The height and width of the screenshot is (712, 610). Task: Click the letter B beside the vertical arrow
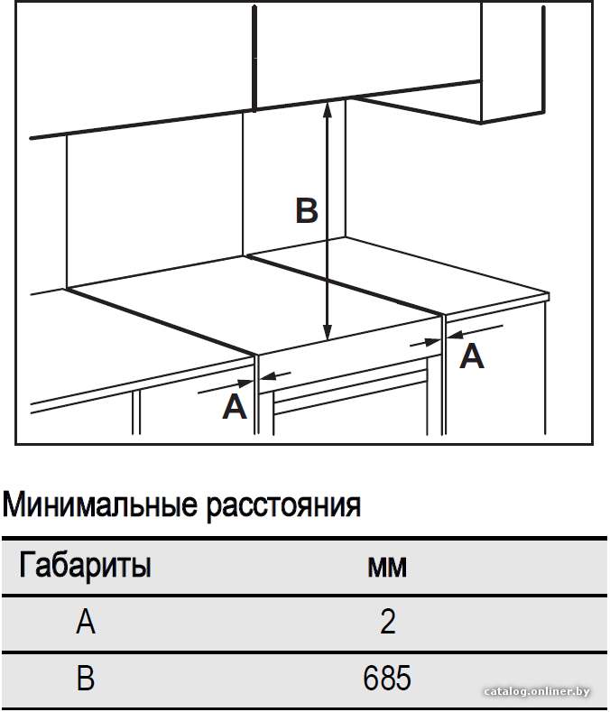click(307, 210)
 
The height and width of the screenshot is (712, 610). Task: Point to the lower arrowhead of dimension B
click(327, 331)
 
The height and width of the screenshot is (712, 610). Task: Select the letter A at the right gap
click(471, 356)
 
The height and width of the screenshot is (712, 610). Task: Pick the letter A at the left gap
click(235, 406)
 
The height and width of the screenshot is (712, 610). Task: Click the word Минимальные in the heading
click(100, 504)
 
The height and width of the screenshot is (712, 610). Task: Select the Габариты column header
click(85, 566)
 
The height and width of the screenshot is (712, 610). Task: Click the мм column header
click(387, 567)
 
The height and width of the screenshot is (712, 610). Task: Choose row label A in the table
click(86, 622)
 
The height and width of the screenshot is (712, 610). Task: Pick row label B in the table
click(86, 678)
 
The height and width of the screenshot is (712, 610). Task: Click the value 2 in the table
click(388, 622)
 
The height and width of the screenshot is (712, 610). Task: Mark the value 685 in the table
click(387, 678)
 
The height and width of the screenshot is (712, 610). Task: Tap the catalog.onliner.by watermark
click(537, 692)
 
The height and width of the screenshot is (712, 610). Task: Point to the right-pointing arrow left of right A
click(425, 343)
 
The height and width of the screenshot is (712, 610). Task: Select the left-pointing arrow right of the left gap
click(276, 375)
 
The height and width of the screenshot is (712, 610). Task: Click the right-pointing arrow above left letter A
click(226, 387)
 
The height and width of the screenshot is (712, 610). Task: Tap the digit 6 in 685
click(371, 678)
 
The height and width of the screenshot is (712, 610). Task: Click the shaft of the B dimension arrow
click(327, 221)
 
